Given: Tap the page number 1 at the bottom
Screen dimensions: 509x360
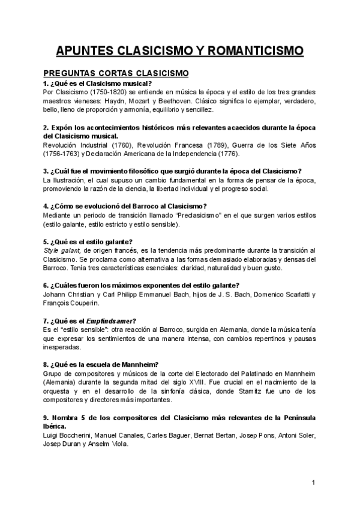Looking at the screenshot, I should (x=314, y=483).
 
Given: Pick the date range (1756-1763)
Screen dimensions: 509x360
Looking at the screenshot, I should (x=65, y=154).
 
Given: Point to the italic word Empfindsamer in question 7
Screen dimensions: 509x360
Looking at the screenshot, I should (x=109, y=321).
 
